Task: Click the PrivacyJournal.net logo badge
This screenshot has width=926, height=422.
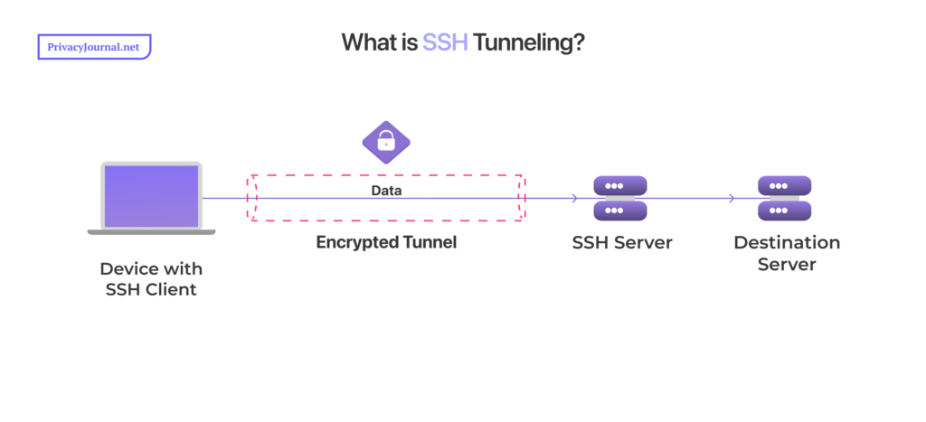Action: click(x=94, y=47)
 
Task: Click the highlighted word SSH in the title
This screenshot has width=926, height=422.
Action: click(x=445, y=42)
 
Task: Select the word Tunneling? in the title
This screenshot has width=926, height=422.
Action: click(x=528, y=42)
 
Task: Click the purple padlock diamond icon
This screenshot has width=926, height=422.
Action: click(x=386, y=141)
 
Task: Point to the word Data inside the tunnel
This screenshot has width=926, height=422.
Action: click(x=386, y=192)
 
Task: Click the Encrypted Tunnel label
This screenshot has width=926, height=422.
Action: click(x=386, y=242)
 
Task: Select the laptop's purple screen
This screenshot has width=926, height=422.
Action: click(x=151, y=195)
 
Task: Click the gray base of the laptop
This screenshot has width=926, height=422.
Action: click(x=151, y=232)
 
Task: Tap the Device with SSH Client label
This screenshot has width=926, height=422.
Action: click(x=151, y=278)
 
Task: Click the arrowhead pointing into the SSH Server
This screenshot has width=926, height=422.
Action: click(x=575, y=198)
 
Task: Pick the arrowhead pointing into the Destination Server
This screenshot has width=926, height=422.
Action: click(x=733, y=198)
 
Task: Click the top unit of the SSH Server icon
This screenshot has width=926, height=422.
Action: click(x=620, y=186)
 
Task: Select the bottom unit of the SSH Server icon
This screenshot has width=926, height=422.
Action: click(x=620, y=211)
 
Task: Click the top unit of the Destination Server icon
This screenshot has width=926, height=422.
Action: click(x=784, y=186)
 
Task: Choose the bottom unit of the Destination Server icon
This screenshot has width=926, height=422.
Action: click(x=784, y=211)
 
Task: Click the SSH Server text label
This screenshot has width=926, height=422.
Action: click(x=622, y=243)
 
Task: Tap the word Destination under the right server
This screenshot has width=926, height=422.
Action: click(x=786, y=243)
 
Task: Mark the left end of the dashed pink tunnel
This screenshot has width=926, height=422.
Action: click(x=254, y=198)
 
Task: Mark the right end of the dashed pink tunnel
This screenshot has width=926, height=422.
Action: click(x=521, y=198)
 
